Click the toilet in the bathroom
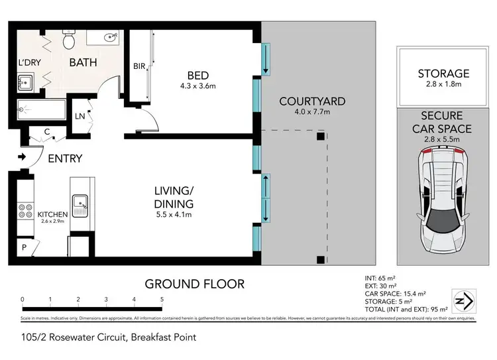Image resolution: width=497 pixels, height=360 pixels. point(68,41)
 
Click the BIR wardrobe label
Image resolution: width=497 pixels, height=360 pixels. point(139,66)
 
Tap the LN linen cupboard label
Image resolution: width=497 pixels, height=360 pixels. point(80,117)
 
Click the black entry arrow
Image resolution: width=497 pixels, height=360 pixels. point(22,157)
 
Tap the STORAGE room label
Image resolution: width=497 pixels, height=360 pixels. point(443,74)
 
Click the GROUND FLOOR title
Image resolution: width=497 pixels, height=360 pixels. point(195,284)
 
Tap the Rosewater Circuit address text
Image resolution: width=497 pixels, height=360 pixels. point(109,337)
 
